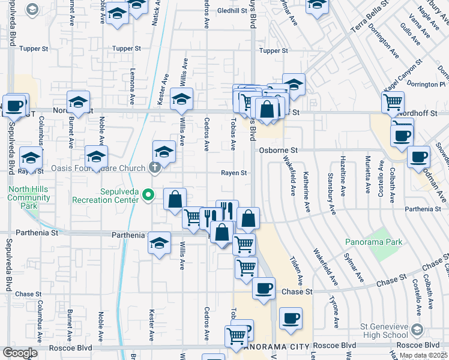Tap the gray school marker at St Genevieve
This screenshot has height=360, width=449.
418,330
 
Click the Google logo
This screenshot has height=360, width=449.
20,352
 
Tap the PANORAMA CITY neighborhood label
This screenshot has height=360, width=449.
277,347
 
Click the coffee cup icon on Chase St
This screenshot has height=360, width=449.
264,288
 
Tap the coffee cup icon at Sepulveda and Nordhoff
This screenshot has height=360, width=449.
14,104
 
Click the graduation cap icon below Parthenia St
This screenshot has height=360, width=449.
159,242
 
